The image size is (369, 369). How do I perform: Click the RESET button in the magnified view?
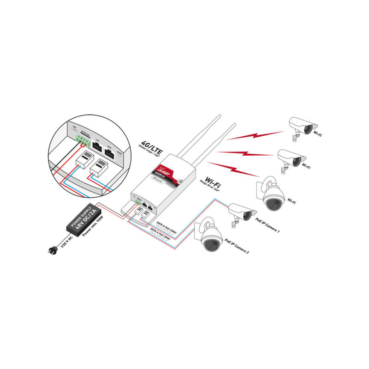point(119,156)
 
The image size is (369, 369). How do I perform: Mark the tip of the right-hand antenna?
point(234,124)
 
